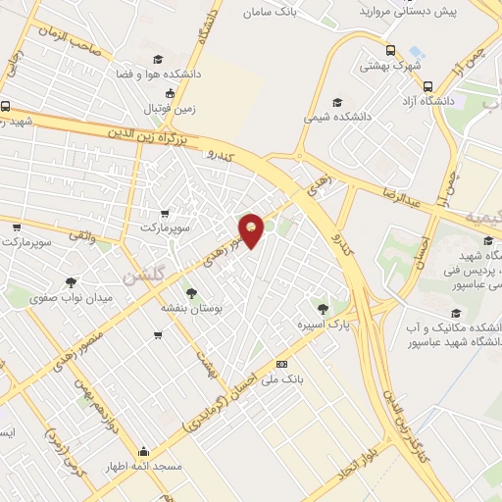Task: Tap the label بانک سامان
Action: click(x=271, y=13)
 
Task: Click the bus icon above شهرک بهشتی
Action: click(x=390, y=51)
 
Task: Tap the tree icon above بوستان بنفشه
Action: click(x=190, y=293)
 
